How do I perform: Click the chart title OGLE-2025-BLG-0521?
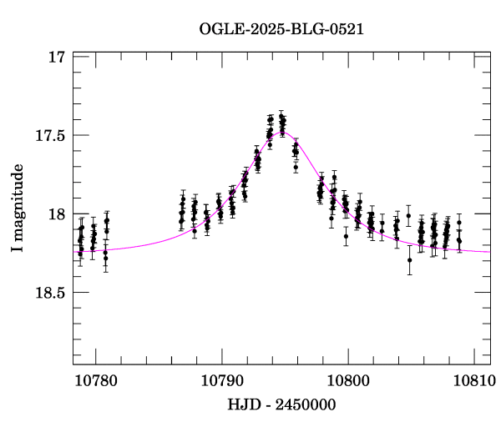(281, 29)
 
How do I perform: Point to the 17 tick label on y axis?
(56, 58)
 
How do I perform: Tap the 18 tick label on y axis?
(56, 214)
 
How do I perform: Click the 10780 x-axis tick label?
(96, 380)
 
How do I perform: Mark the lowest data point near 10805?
(409, 260)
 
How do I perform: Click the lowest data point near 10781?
(105, 259)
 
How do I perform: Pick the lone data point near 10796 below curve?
(296, 168)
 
